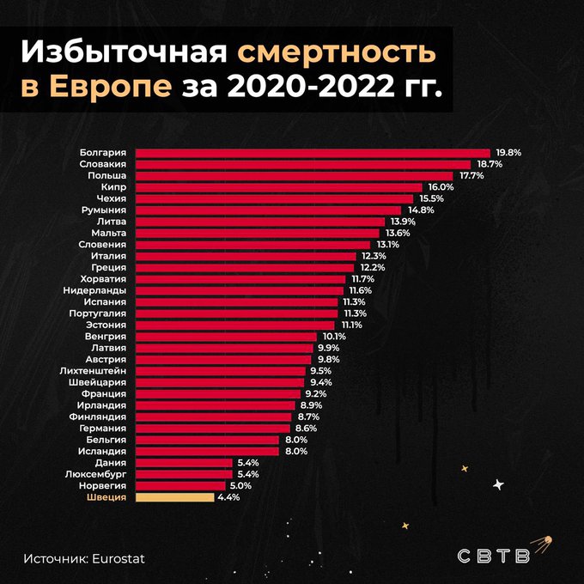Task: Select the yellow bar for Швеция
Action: coord(174,496)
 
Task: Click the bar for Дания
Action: coord(184,462)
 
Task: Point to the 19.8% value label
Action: coord(508,152)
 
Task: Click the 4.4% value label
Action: coord(228,496)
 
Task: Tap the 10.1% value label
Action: coord(334,336)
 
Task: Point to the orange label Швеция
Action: coord(107,496)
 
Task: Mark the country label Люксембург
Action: coord(96,473)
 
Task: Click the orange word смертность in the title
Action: coord(337,53)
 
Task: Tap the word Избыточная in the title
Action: coord(124,53)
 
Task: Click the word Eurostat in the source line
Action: coord(115,558)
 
